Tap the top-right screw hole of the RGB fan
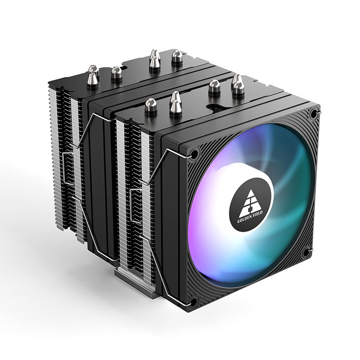click(x=314, y=114)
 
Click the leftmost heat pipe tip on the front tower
click(x=150, y=106)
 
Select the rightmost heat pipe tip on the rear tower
click(x=176, y=57)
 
